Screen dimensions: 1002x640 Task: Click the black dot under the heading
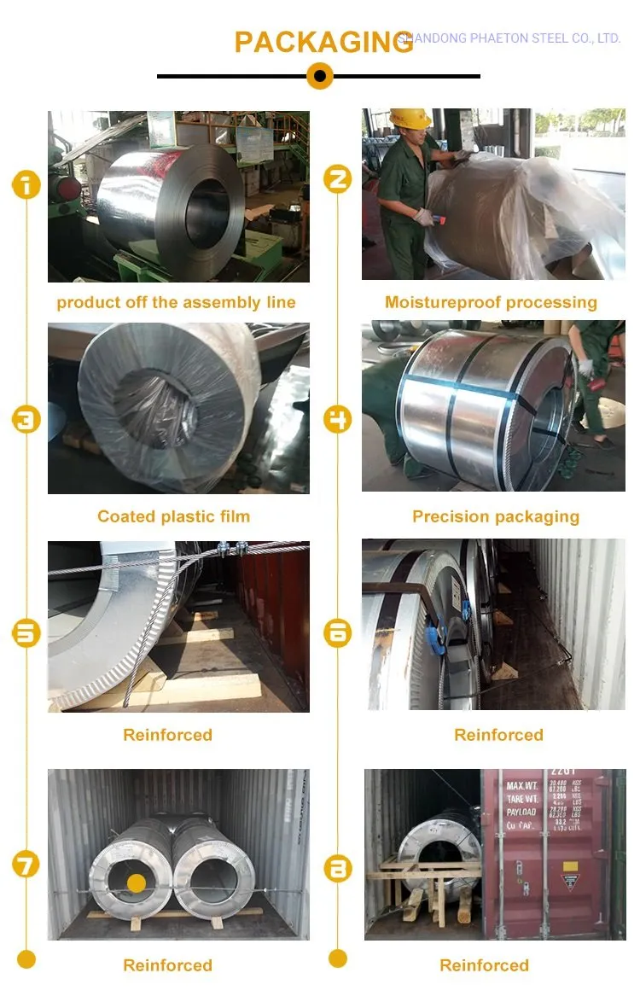pyautogui.click(x=319, y=77)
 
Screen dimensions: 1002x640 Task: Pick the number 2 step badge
pyautogui.click(x=338, y=179)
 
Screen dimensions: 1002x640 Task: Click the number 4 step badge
pyautogui.click(x=338, y=419)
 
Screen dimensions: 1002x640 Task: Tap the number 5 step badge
pyautogui.click(x=26, y=633)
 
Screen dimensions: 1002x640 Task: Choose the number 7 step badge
pyautogui.click(x=26, y=865)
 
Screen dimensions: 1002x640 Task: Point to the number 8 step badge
pyautogui.click(x=338, y=868)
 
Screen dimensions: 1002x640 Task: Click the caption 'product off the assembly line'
pyautogui.click(x=177, y=302)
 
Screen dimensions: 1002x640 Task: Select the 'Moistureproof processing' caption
pyautogui.click(x=491, y=302)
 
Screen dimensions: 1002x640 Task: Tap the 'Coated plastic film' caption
pyautogui.click(x=173, y=516)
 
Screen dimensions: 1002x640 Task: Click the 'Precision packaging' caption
pyautogui.click(x=495, y=516)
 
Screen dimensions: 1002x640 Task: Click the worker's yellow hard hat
pyautogui.click(x=410, y=118)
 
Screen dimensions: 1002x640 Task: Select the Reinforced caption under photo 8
pyautogui.click(x=484, y=965)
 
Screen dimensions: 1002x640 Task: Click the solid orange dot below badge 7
pyautogui.click(x=26, y=959)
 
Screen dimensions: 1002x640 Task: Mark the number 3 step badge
pyautogui.click(x=26, y=419)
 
